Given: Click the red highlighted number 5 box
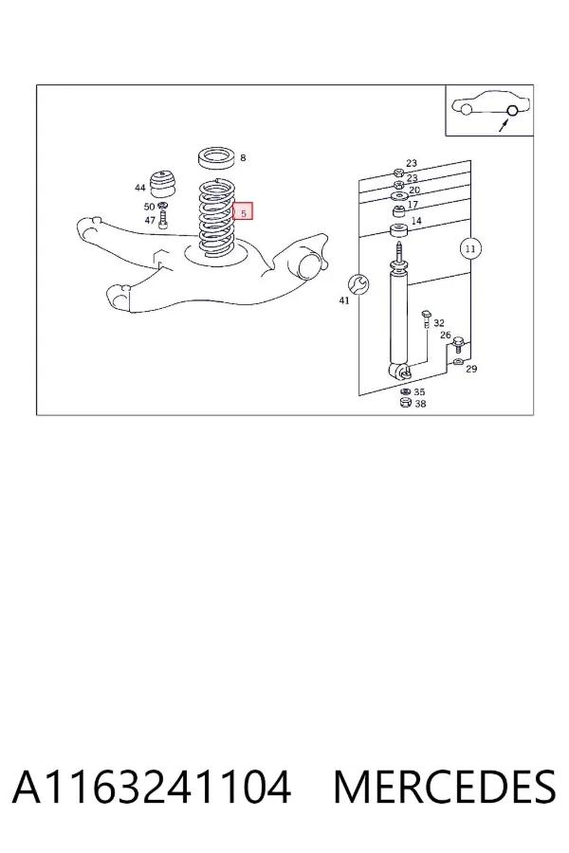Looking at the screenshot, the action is pos(243,211).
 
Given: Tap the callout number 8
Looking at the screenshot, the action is pos(243,157).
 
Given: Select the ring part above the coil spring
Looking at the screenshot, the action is pos(216,157).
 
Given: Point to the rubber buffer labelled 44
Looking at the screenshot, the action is pos(162,185).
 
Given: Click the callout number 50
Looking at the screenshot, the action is pos(149,207).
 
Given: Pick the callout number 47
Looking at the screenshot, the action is pos(150,220).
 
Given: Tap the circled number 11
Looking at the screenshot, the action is pos(470,248).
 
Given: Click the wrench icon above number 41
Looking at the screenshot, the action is pos(358,283).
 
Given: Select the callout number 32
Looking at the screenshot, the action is pos(439,323).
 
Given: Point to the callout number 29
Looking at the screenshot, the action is pos(471,369).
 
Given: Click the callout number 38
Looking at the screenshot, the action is pos(420,404).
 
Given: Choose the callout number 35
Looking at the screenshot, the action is pos(419,391).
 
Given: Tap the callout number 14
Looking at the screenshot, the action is pos(416,221).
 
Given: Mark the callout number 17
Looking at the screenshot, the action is pos(413,205).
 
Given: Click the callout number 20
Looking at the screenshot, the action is pos(414,190).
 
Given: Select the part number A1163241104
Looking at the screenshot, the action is pos(152,787).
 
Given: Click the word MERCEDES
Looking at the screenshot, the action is pos(445,787).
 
